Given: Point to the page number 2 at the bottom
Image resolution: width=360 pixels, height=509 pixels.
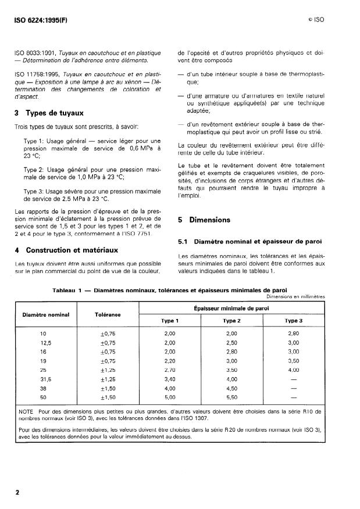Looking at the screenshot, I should pos(17,492).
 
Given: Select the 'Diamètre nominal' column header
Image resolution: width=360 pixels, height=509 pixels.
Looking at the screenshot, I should pos(46,314).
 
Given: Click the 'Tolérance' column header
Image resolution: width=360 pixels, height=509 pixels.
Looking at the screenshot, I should pos(108,314).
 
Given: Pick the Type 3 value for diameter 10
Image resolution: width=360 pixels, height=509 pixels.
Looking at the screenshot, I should pos(293,334).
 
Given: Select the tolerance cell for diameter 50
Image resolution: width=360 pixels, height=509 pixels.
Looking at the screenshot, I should pos(108,397).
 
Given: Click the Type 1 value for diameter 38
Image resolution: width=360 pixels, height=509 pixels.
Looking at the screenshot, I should pos(169,388).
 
